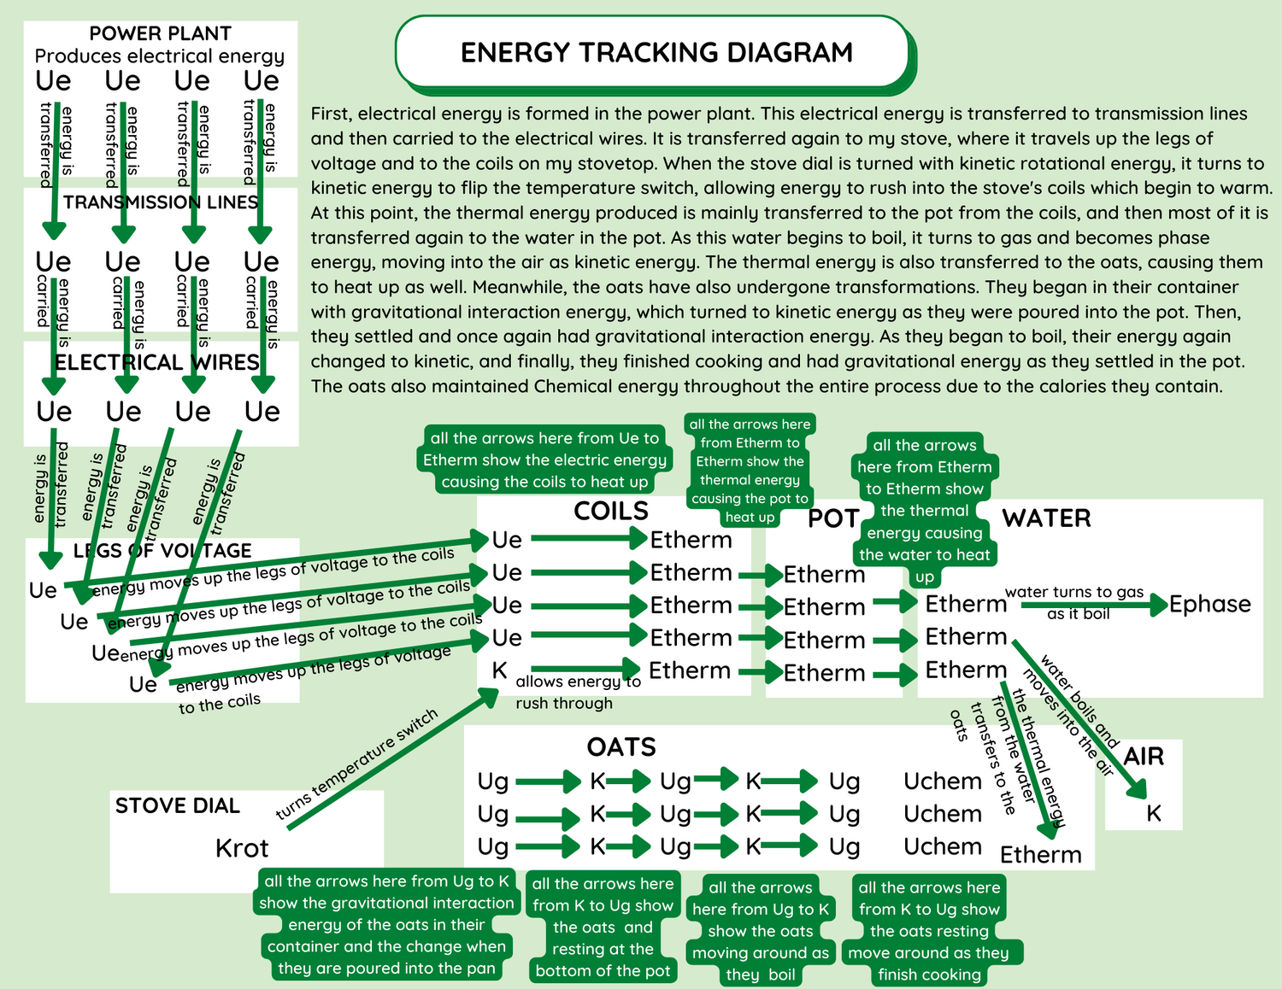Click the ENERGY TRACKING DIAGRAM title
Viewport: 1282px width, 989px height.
click(656, 53)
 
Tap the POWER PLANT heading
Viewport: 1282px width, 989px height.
click(160, 33)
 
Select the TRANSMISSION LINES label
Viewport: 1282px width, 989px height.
click(161, 202)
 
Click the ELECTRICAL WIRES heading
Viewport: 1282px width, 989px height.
click(157, 362)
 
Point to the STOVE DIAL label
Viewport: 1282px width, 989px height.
click(178, 805)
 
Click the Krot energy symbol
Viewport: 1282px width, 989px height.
click(242, 848)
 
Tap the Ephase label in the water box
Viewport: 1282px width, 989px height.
click(1209, 605)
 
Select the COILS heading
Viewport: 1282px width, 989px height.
click(611, 512)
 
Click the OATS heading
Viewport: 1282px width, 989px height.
click(621, 747)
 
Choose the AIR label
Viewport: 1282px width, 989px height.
click(1144, 757)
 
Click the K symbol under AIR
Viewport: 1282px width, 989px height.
click(1154, 814)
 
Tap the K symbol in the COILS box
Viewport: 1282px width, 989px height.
click(500, 670)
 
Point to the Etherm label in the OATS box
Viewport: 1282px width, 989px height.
click(1040, 855)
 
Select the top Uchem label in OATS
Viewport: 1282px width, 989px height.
click(943, 781)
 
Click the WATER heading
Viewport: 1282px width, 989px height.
click(1046, 518)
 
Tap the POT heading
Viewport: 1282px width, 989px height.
click(832, 518)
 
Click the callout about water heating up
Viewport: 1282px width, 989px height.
click(925, 511)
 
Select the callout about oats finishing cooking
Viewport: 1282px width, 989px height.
click(929, 931)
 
